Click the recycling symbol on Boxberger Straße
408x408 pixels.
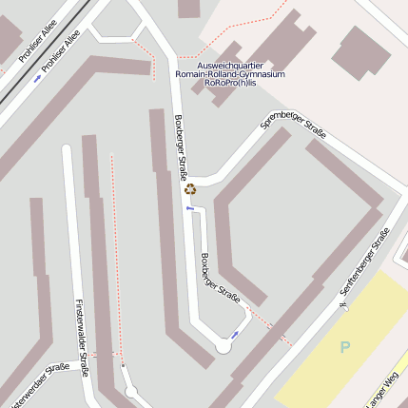coord(189,188)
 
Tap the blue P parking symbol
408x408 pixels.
coord(344,347)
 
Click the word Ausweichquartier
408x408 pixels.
coord(230,65)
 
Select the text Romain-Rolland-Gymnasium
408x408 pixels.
coord(230,73)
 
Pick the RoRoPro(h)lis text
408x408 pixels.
coord(230,83)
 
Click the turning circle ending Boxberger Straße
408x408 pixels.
coord(223,347)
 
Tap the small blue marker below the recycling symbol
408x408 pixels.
coord(189,207)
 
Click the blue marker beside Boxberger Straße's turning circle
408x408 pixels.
coord(235,334)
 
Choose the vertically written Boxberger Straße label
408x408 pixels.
coord(180,144)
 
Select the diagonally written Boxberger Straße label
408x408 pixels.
coord(220,281)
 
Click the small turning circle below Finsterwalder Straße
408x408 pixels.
coord(131,392)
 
